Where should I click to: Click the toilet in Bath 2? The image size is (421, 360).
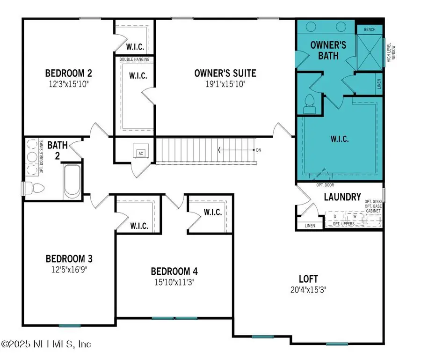tap(36, 188)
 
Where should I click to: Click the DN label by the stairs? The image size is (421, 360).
tap(258, 150)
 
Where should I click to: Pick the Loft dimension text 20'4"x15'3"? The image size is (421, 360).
tap(307, 289)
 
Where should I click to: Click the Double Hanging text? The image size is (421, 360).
tap(135, 59)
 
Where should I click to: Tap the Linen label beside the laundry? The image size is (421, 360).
tap(309, 226)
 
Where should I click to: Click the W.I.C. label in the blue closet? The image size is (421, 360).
tap(339, 139)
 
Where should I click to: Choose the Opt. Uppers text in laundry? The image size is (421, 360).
tap(343, 224)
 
